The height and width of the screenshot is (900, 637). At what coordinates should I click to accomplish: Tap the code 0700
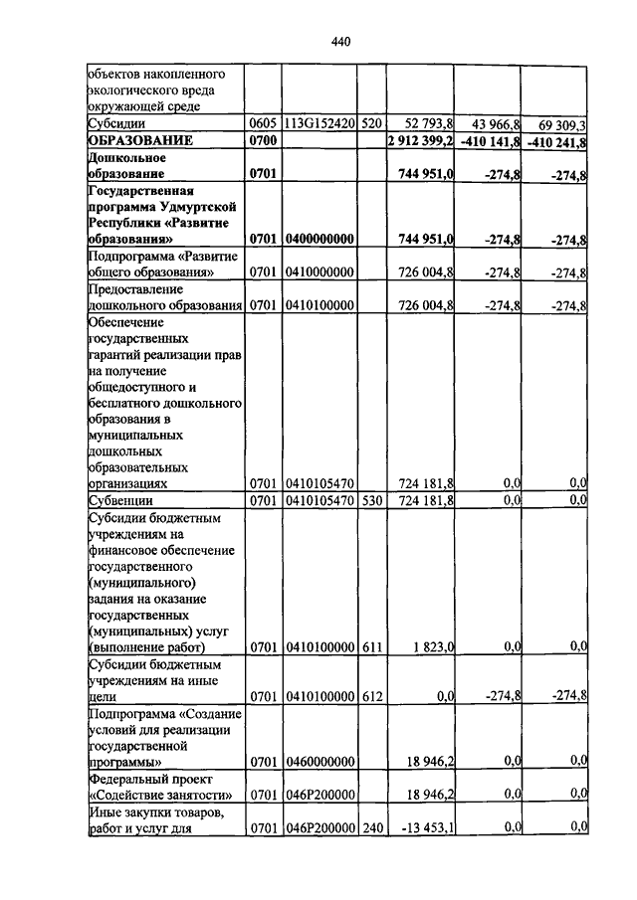(x=262, y=142)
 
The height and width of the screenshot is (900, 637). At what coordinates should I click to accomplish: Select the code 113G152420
(x=319, y=125)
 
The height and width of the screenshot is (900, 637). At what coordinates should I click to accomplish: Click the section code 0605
(x=262, y=125)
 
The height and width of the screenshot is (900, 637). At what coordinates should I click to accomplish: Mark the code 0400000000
(x=319, y=240)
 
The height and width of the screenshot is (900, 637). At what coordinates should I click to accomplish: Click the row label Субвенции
(x=119, y=500)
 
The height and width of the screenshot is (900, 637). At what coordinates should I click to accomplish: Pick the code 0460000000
(x=319, y=762)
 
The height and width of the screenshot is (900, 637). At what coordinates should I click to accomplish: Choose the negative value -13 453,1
(x=426, y=827)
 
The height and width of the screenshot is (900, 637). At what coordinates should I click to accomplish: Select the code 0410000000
(x=319, y=272)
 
